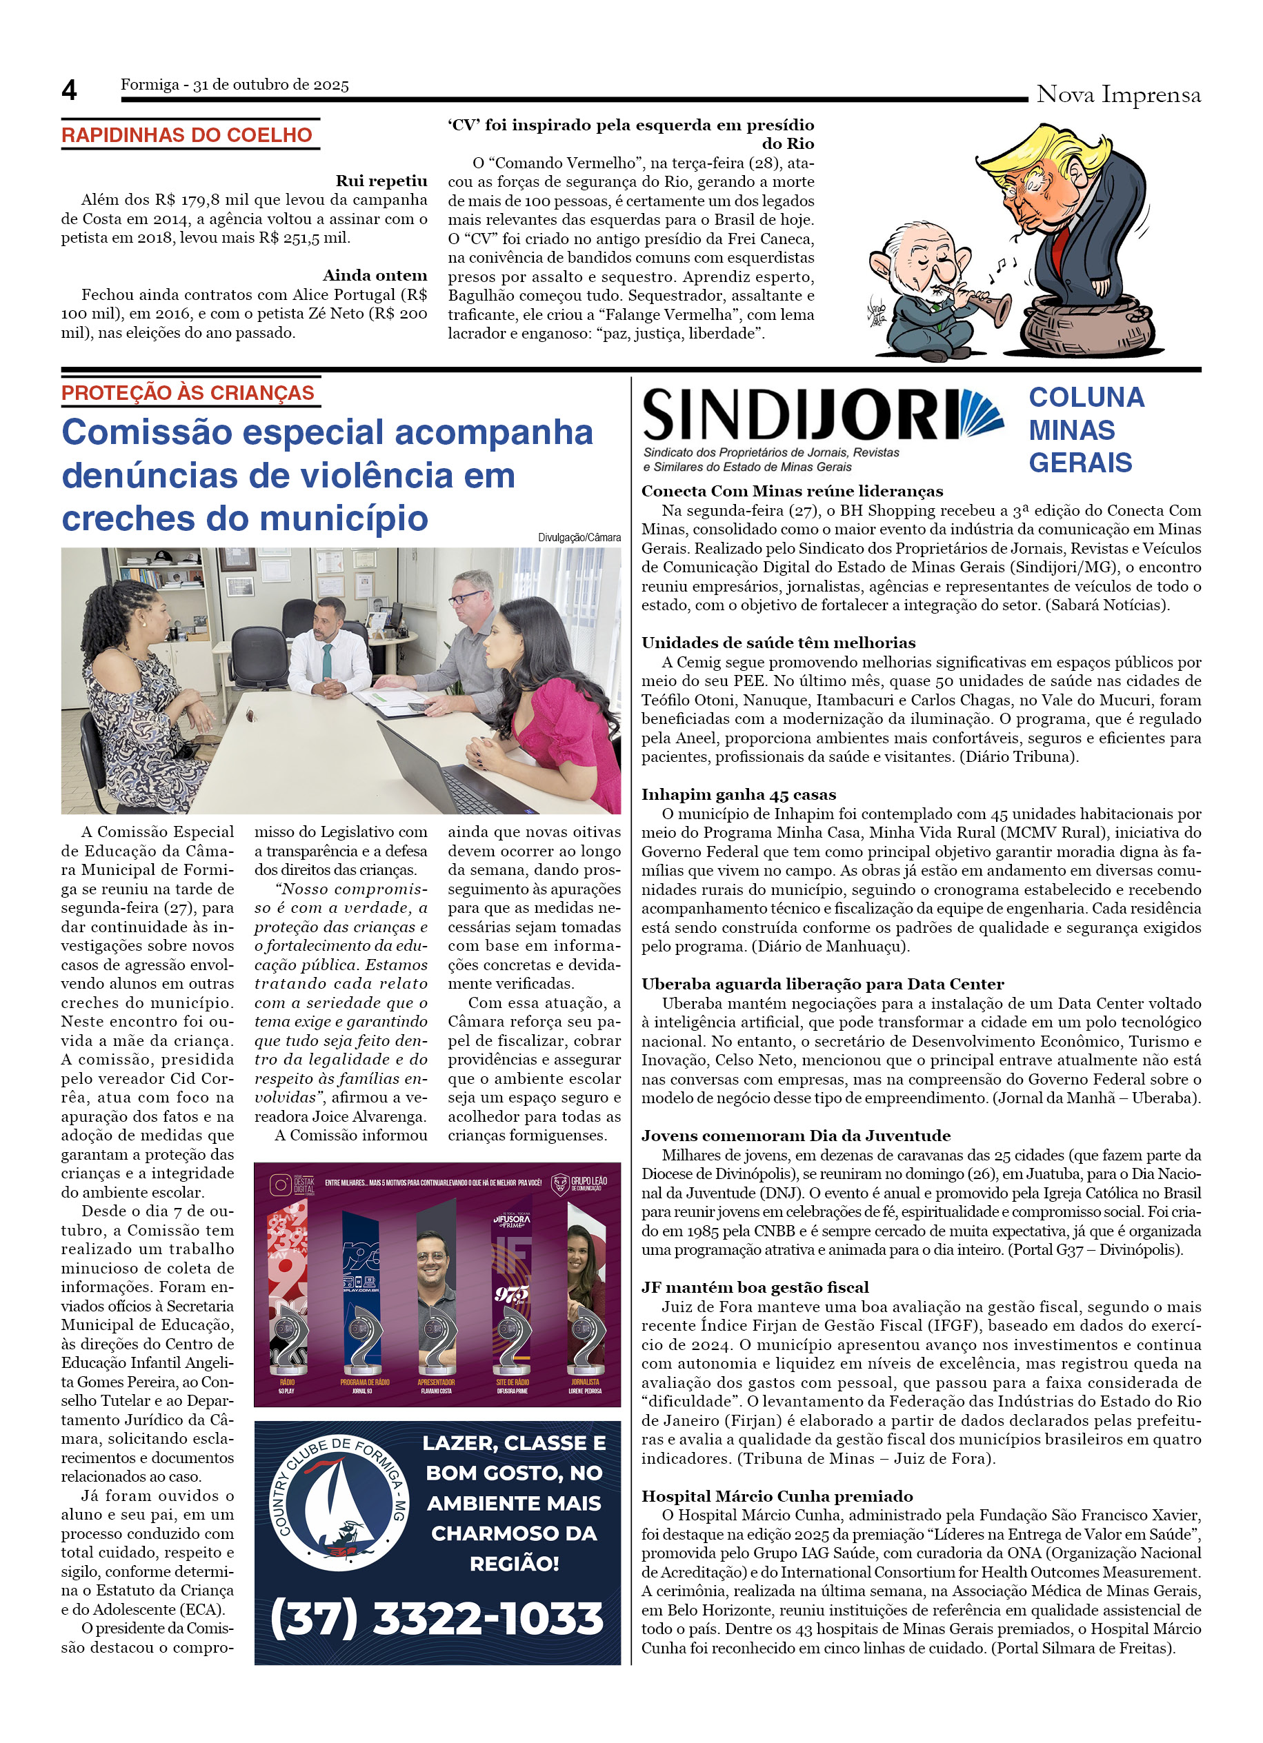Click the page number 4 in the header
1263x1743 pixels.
69,91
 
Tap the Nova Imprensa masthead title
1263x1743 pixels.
1117,94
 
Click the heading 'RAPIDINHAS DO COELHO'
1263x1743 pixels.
187,135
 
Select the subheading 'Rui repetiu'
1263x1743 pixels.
381,181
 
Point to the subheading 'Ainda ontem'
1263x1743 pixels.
375,275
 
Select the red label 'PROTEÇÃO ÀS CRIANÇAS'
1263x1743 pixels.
188,393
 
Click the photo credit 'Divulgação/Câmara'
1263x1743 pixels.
579,537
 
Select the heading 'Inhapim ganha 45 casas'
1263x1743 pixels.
738,795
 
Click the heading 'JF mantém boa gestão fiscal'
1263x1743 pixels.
755,1287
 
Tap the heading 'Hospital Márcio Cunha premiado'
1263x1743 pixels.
777,1496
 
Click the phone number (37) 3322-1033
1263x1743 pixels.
437,1618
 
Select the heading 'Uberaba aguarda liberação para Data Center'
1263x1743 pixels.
822,984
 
